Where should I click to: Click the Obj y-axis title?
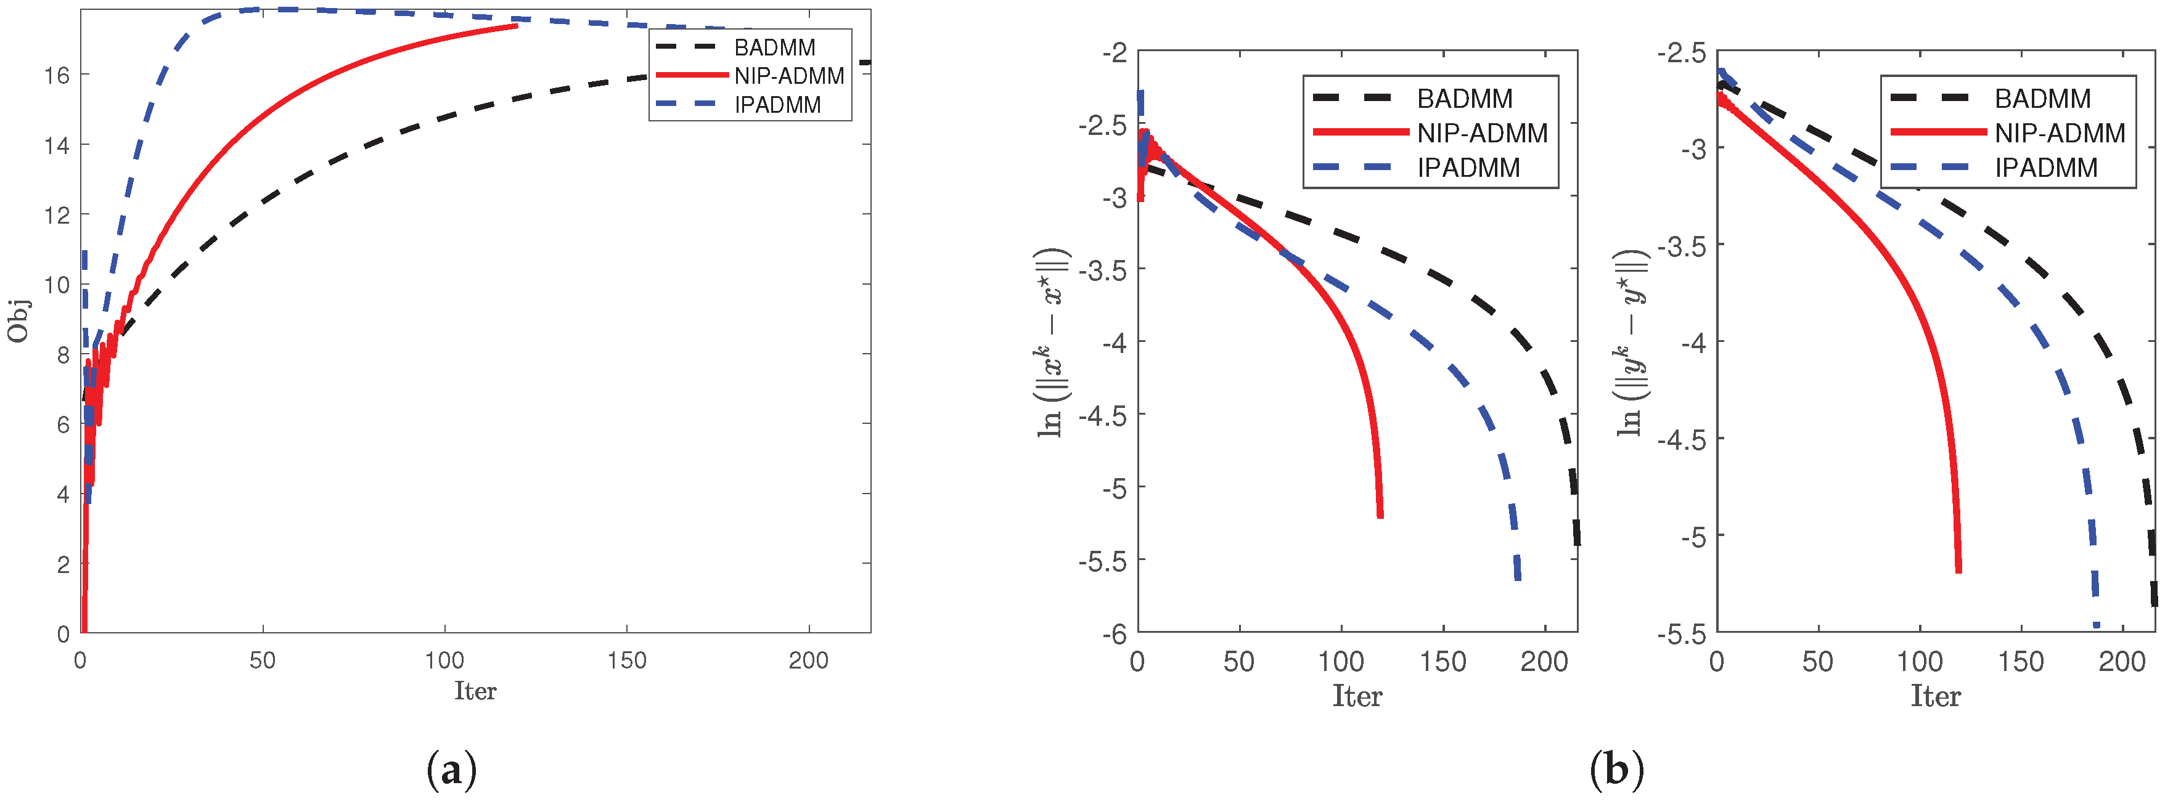pyautogui.click(x=18, y=321)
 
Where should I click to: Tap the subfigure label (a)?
pyautogui.click(x=452, y=770)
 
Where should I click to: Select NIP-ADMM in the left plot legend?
pyautogui.click(x=788, y=76)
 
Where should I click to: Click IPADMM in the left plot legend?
pyautogui.click(x=777, y=105)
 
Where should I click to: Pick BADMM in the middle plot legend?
pyautogui.click(x=1465, y=99)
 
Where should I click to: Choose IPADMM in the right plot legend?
pyautogui.click(x=2045, y=168)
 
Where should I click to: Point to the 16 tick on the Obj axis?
pyautogui.click(x=57, y=75)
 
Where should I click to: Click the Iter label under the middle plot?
pyautogui.click(x=1356, y=696)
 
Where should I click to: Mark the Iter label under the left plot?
pyautogui.click(x=475, y=691)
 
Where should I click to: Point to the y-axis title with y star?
pyautogui.click(x=1631, y=341)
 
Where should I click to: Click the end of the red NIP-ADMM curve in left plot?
pyautogui.click(x=516, y=26)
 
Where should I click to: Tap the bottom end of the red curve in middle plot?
pyautogui.click(x=1380, y=516)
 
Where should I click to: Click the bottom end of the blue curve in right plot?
pyautogui.click(x=2096, y=624)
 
